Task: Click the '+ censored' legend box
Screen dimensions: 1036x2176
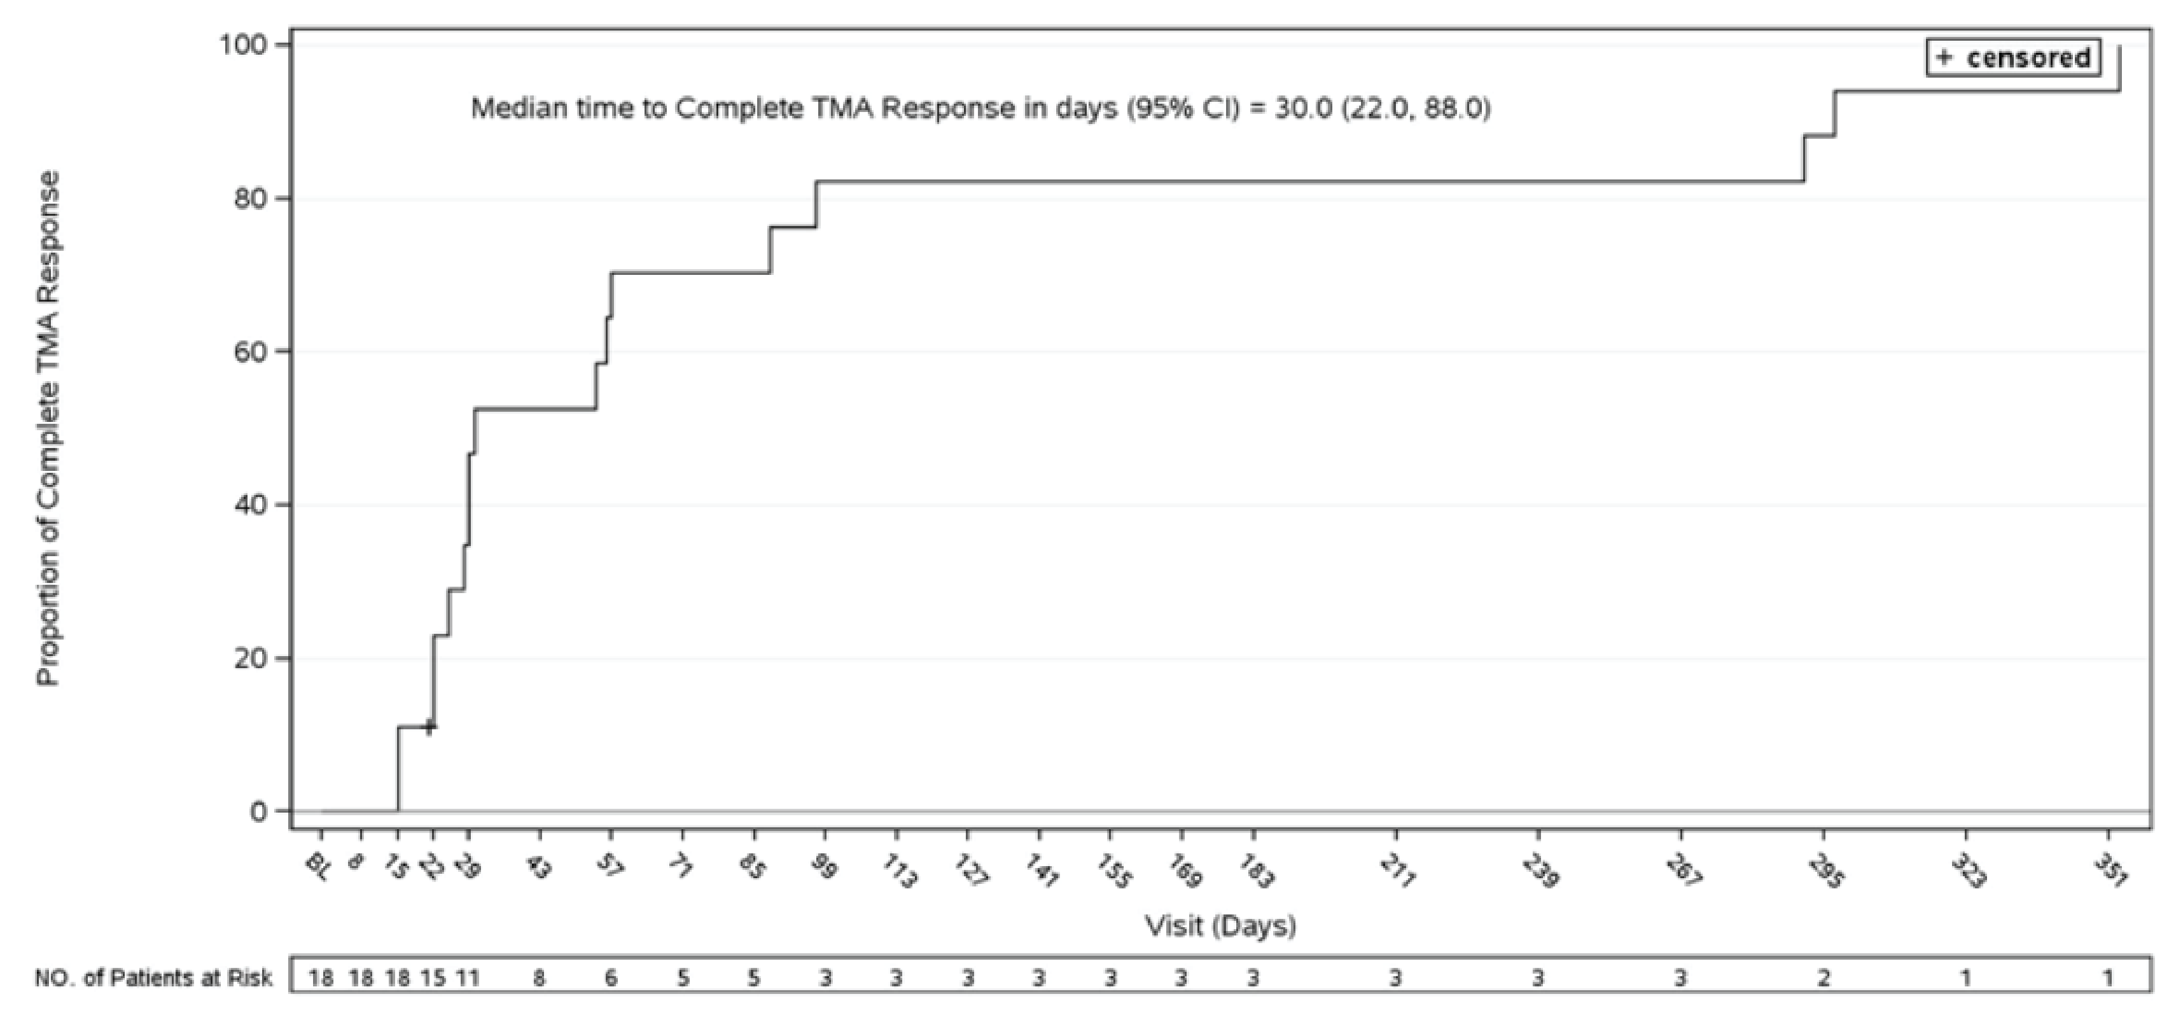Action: pyautogui.click(x=2013, y=57)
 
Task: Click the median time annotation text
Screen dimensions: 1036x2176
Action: pyautogui.click(x=980, y=109)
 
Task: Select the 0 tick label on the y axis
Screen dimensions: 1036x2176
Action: pyautogui.click(x=258, y=811)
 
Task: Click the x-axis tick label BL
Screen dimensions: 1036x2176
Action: pyautogui.click(x=317, y=867)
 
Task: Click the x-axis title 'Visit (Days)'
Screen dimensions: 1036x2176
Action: pyautogui.click(x=1220, y=926)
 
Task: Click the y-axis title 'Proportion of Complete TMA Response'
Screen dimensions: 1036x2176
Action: pyautogui.click(x=49, y=428)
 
